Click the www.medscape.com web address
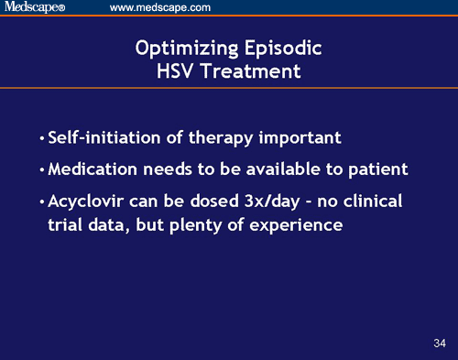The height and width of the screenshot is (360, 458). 160,8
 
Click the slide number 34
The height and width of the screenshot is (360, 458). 439,344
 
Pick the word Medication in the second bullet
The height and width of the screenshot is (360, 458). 92,170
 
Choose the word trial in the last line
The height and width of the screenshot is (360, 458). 63,224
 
